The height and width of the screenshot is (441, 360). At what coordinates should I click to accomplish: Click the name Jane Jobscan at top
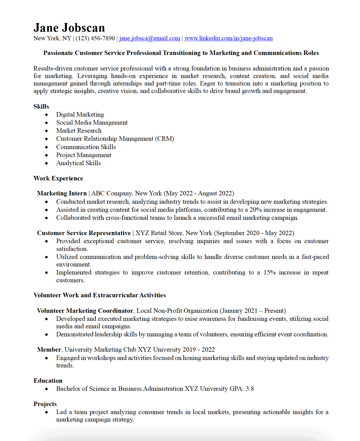point(69,28)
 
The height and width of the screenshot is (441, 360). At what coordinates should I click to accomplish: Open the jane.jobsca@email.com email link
point(149,38)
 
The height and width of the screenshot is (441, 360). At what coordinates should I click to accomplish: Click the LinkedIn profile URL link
point(228,38)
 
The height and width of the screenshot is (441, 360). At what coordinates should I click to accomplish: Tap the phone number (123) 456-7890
point(95,38)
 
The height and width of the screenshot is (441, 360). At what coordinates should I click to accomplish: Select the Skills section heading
point(41,107)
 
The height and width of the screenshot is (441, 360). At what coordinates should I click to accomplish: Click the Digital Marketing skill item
point(80,115)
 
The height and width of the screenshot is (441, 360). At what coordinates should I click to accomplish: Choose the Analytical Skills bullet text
point(78,163)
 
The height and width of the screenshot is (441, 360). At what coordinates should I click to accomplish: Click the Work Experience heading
point(58,178)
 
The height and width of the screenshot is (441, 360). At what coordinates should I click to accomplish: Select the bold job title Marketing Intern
point(62,193)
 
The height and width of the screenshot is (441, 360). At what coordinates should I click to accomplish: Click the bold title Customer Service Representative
point(84,233)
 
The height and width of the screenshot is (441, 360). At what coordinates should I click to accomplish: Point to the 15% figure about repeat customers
point(269,273)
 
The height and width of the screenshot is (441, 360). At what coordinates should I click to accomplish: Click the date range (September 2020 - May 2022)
point(254,233)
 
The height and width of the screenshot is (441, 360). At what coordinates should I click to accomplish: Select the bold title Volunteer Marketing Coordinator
point(85,311)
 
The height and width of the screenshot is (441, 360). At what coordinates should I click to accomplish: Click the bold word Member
point(49,350)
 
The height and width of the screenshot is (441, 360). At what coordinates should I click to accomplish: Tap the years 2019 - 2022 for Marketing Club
point(198,350)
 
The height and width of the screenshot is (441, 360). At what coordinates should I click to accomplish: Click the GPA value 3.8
point(250,389)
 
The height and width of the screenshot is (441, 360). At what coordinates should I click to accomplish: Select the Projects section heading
point(45,404)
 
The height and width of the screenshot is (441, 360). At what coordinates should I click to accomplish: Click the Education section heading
point(48,381)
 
